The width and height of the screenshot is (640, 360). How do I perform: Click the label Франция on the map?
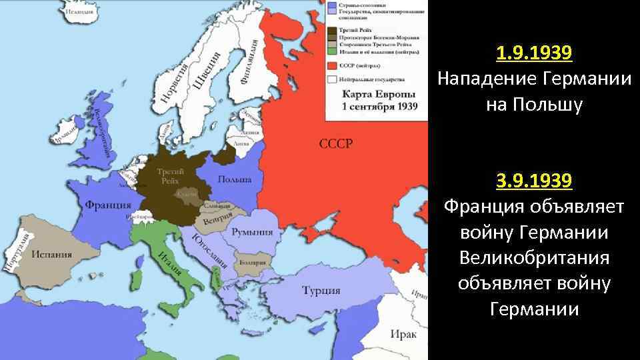pyautogui.click(x=107, y=205)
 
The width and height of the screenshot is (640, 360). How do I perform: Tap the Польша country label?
pyautogui.click(x=235, y=180)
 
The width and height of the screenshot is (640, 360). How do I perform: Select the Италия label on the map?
pyautogui.click(x=170, y=265)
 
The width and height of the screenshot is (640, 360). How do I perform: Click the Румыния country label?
pyautogui.click(x=252, y=231)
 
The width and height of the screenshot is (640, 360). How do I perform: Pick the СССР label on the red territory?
pyautogui.click(x=336, y=144)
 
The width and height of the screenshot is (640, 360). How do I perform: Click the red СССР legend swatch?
pyautogui.click(x=331, y=65)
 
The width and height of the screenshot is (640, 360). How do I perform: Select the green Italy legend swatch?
pyautogui.click(x=331, y=51)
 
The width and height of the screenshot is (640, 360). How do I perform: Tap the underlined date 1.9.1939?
pyautogui.click(x=533, y=52)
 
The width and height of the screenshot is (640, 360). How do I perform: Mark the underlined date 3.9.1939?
pyautogui.click(x=533, y=180)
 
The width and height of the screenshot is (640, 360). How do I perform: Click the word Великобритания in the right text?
pyautogui.click(x=533, y=257)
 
